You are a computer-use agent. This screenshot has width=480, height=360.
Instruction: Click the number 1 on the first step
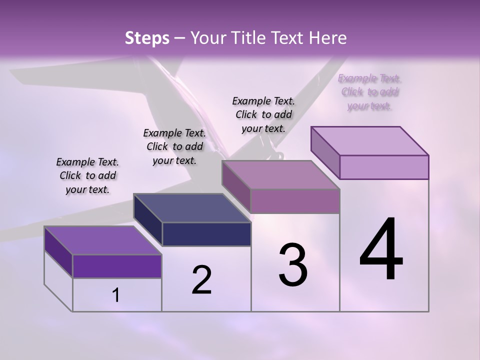(116, 295)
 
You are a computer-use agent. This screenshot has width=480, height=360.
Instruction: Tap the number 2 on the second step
(201, 280)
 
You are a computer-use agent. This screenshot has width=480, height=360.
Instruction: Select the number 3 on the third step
(293, 265)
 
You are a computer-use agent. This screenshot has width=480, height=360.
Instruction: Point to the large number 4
(381, 250)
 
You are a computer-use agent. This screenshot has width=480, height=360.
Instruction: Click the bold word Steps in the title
(147, 38)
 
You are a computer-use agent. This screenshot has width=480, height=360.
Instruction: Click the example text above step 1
(87, 175)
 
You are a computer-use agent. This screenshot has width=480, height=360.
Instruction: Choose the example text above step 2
(174, 146)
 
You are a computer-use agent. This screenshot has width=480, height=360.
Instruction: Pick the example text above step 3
(263, 114)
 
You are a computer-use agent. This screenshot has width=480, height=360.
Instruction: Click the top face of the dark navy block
(192, 208)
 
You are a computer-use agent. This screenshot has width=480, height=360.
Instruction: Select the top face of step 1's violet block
(103, 240)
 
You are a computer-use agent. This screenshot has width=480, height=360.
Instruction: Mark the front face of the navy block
(206, 234)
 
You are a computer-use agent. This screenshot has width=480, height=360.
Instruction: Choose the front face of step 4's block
(384, 167)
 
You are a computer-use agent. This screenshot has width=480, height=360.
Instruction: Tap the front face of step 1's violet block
(117, 266)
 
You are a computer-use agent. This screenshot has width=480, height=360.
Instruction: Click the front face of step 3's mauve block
(295, 201)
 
